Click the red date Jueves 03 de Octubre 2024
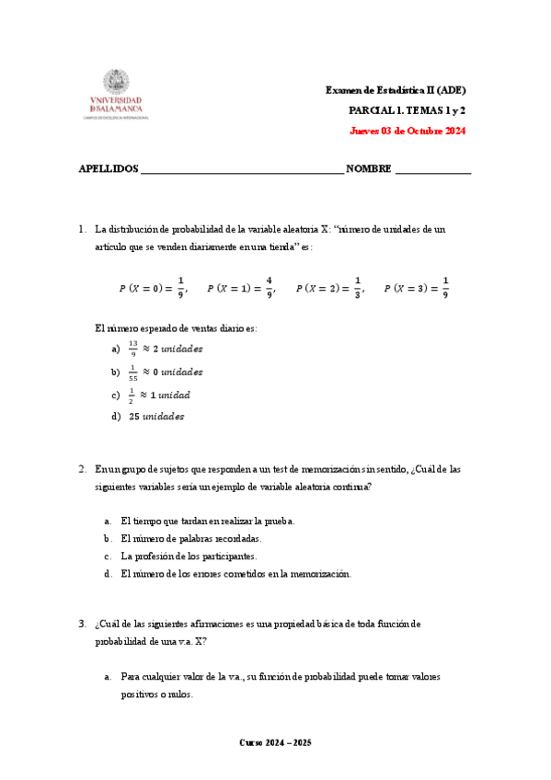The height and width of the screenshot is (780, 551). click(408, 131)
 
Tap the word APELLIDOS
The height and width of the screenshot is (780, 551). click(109, 169)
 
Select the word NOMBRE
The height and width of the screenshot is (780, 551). click(369, 169)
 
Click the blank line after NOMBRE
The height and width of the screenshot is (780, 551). click(432, 171)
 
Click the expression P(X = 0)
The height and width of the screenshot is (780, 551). click(140, 289)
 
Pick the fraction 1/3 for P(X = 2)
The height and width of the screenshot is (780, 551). click(358, 288)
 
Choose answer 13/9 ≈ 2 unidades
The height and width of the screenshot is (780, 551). click(165, 350)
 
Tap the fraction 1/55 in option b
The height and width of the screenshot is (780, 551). click(133, 373)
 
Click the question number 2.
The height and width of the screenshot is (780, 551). click(82, 469)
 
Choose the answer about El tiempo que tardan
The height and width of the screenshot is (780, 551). click(208, 521)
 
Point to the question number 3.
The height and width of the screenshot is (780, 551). click(82, 624)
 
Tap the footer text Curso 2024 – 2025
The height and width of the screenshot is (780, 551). click(275, 742)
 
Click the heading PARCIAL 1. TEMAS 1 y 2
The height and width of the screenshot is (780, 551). click(407, 110)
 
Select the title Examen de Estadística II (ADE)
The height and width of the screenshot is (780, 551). click(396, 90)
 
